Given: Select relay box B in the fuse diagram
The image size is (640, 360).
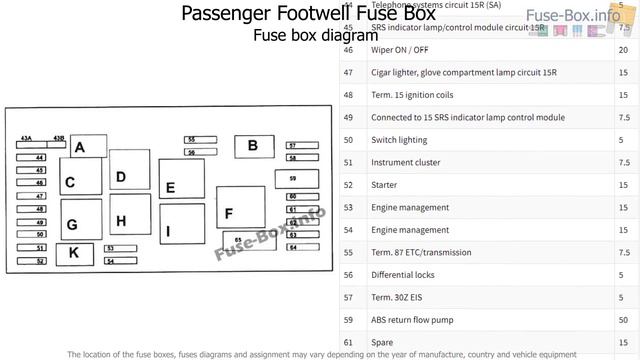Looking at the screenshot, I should pyautogui.click(x=253, y=146).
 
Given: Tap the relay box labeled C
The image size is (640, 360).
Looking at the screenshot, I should pyautogui.click(x=80, y=181).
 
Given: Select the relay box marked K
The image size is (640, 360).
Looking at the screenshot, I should pyautogui.click(x=74, y=253).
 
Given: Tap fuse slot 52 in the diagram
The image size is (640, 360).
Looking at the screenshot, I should pyautogui.click(x=40, y=261).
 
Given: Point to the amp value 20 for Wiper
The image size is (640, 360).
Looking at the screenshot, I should pyautogui.click(x=624, y=50).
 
